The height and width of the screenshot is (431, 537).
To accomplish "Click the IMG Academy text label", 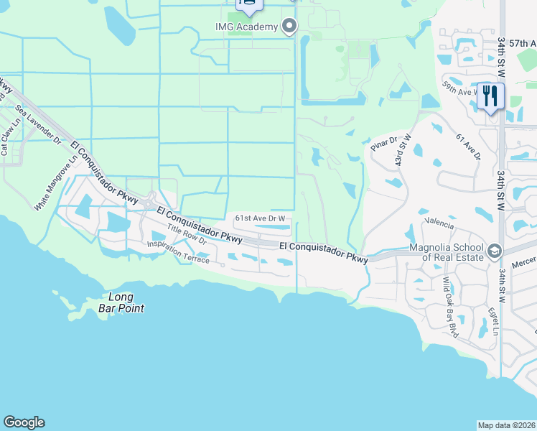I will pyautogui.click(x=246, y=27).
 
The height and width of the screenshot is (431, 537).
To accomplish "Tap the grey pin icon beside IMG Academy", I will pyautogui.click(x=289, y=27).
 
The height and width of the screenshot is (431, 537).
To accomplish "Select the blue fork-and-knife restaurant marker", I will pyautogui.click(x=491, y=96).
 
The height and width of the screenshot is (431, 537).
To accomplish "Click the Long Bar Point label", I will pyautogui.click(x=126, y=302).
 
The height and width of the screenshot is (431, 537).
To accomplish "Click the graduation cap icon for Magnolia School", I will pyautogui.click(x=494, y=251).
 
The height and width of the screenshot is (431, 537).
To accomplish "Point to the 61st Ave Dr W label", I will pyautogui.click(x=261, y=218).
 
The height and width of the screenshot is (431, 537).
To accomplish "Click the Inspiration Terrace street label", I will pyautogui.click(x=179, y=251).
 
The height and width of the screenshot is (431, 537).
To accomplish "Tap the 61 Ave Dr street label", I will pyautogui.click(x=467, y=147).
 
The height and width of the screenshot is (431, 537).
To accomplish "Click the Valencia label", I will pyautogui.click(x=439, y=223).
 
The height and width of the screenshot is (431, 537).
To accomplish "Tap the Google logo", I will pyautogui.click(x=24, y=422).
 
